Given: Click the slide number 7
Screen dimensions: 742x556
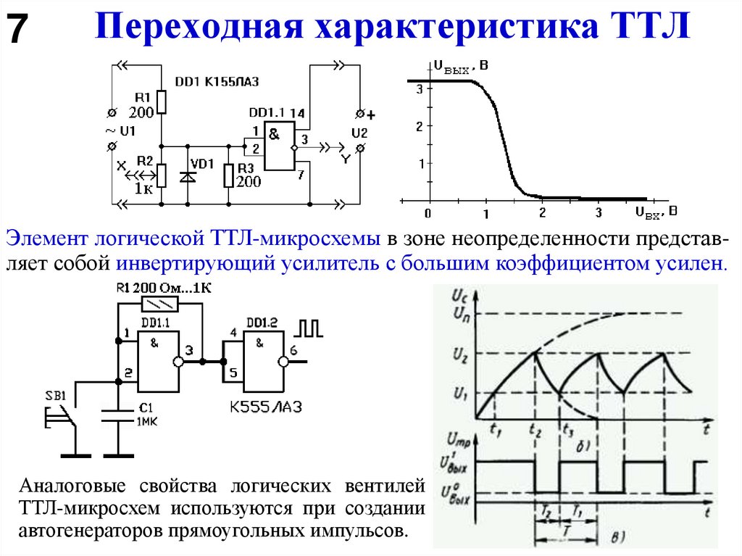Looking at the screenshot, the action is [x=18, y=31].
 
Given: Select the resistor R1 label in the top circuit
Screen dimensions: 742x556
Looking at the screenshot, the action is [x=142, y=97].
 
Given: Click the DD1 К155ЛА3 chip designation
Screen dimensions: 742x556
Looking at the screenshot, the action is [x=217, y=82].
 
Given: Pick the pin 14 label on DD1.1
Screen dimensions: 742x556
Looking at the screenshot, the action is [x=296, y=114].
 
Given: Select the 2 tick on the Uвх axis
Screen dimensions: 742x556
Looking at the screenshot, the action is [x=541, y=213].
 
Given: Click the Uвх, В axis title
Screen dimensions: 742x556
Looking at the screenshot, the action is [x=656, y=212].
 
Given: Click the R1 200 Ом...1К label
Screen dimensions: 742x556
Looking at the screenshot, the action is [x=164, y=288].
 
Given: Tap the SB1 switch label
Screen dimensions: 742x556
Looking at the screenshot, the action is [x=55, y=396].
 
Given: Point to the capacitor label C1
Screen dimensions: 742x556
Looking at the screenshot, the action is [x=144, y=407].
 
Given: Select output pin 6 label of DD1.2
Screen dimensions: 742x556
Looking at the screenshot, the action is [x=292, y=351].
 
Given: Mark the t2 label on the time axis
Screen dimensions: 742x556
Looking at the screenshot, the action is [x=535, y=431].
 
